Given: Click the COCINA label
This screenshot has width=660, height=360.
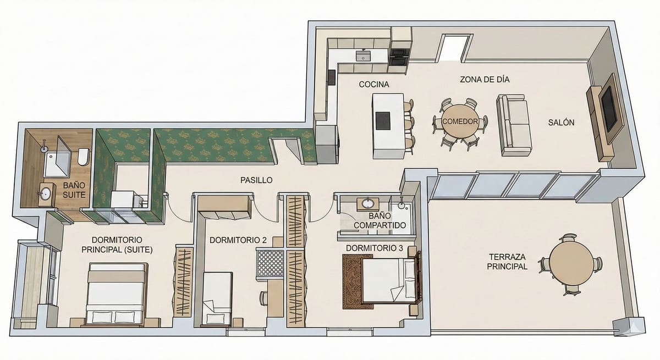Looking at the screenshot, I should [374, 85].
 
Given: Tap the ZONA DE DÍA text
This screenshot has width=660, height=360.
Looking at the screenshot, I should [485, 79].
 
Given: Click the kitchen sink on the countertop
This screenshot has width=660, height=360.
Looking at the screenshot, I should [363, 56].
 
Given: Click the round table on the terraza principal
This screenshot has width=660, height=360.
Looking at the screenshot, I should [571, 263].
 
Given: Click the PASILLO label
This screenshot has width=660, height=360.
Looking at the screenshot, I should [256, 180].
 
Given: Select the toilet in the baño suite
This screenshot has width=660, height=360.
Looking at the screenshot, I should [82, 157].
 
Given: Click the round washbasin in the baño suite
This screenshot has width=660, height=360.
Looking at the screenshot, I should [46, 193].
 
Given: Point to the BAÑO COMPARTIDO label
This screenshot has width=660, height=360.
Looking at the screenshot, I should [380, 221].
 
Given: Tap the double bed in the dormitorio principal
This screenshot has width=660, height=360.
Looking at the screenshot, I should [117, 294].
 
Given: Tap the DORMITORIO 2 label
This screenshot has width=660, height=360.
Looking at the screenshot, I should [238, 240].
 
